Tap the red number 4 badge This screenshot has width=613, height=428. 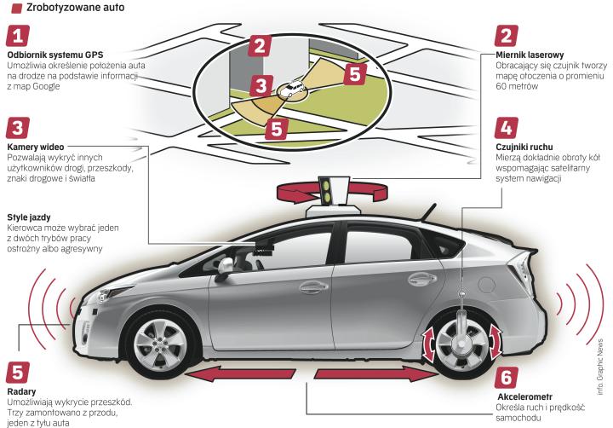click(506, 128)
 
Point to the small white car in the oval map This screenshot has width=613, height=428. click(293, 88)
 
